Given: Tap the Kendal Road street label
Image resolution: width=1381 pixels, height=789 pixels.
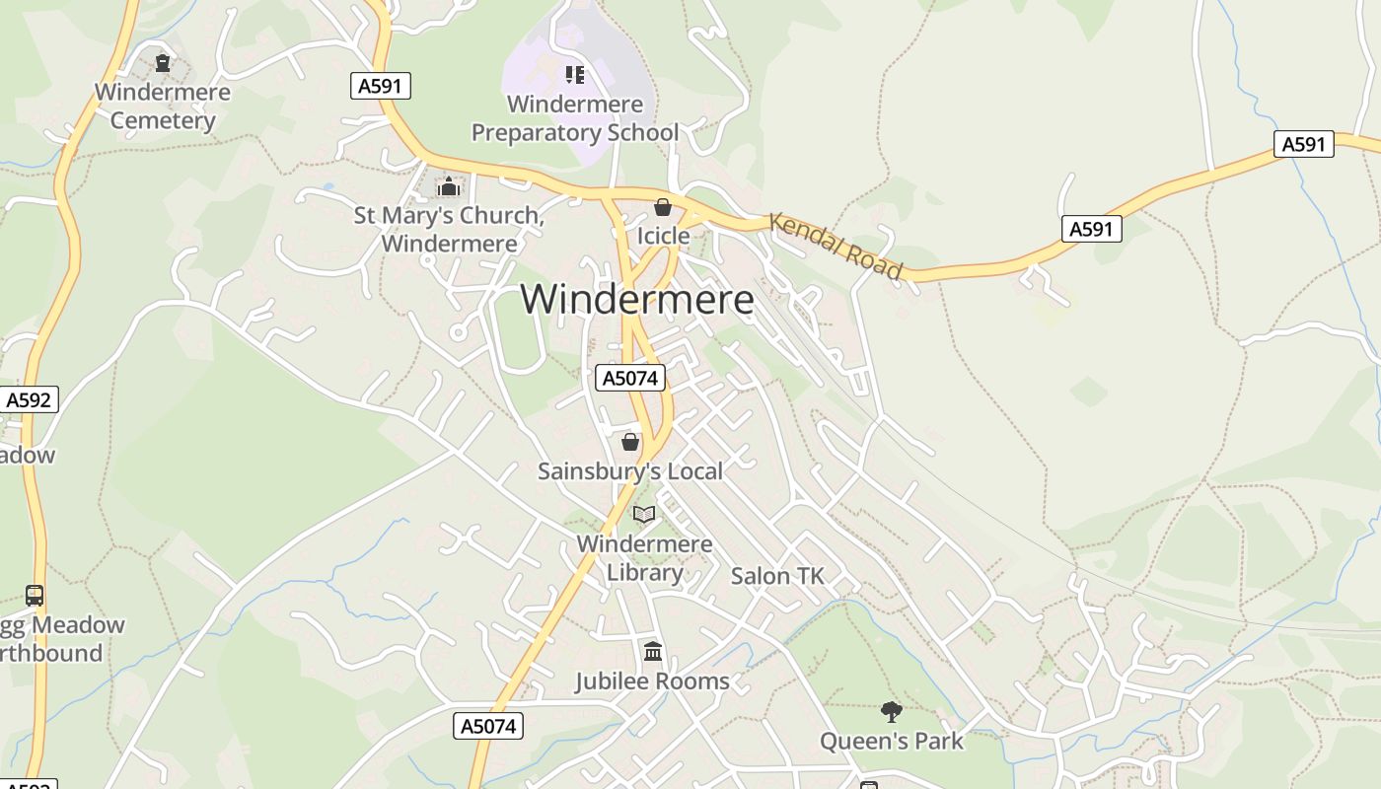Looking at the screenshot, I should coord(836,246).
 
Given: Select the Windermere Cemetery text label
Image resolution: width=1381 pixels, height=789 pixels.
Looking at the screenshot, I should coord(163,107).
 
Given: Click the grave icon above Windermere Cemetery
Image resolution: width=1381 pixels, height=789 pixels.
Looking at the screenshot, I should coord(163,64).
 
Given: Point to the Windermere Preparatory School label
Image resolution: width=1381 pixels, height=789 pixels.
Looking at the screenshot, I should coord(574,118).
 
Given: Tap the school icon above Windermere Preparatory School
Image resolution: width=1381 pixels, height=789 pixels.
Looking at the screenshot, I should coord(574,75).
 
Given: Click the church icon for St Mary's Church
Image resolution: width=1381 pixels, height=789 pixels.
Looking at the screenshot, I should coord(449,186).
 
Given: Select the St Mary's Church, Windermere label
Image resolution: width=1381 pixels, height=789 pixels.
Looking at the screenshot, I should coord(449,229).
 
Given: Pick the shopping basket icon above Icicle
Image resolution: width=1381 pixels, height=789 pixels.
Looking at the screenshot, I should coord(663,207).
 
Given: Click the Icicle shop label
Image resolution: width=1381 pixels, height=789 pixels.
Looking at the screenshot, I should coord(663,236).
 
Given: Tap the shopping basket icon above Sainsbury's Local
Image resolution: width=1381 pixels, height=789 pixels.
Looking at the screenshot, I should coord(630,442).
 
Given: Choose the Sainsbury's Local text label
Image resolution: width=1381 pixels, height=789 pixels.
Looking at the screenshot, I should coord(630,471).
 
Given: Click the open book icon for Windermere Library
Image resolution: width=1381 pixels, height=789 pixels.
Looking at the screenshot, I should coord(644,515).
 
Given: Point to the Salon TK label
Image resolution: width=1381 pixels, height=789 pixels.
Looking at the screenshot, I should coord(776,576).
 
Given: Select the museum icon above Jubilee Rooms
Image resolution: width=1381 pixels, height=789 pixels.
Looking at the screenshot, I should coord(653,652).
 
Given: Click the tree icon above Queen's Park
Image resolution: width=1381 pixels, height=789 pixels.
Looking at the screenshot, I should coord(892,711).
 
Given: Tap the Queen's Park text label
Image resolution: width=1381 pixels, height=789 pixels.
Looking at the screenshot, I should coord(892,741).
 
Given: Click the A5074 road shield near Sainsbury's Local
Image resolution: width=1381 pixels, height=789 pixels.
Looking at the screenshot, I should coord(630,378).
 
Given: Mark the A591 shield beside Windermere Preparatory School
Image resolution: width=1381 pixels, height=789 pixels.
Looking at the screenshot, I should coord(380,86).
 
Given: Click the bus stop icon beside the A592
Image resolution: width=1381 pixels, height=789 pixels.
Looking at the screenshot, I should coord(35,596).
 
